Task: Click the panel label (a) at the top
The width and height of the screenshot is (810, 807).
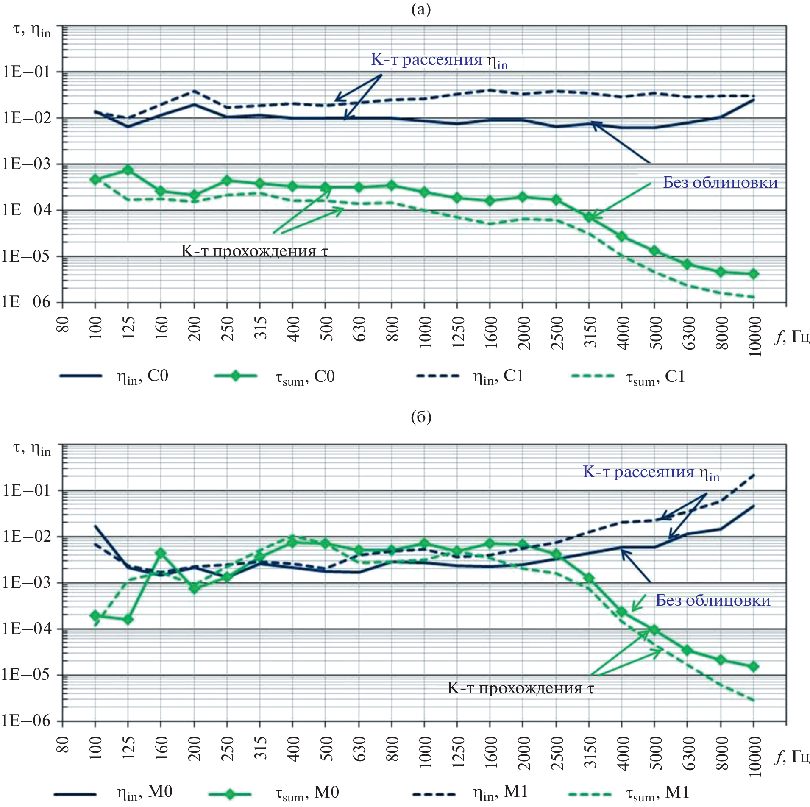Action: coord(421,9)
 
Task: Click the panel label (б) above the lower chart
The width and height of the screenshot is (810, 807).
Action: coord(421,417)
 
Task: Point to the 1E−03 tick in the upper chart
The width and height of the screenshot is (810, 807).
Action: coord(26,164)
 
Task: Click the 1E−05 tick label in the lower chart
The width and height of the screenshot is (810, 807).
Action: coord(26,674)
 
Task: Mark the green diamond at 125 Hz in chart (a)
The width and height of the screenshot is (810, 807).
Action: coord(128,170)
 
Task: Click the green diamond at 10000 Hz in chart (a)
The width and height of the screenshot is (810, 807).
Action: coord(754,274)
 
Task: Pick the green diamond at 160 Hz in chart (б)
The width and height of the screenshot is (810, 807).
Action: coord(161,553)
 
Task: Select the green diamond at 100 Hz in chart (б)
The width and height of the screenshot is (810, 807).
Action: coord(95,615)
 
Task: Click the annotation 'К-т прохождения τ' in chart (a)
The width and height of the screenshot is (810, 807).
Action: coord(254,251)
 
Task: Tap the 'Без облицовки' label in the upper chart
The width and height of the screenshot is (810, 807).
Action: coord(720,183)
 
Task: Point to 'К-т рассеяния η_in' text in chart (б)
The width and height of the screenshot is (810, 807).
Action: coord(651,472)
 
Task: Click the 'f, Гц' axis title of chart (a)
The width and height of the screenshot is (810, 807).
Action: coord(792,337)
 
